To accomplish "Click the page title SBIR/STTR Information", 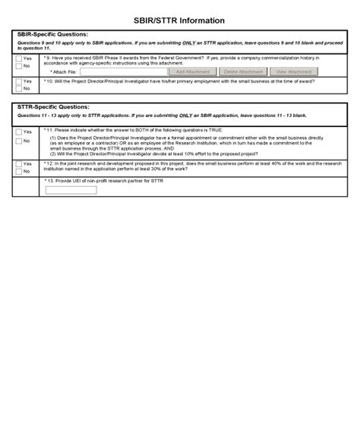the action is [180, 21].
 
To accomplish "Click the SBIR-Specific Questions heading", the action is [52, 35].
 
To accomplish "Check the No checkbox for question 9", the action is [19, 66].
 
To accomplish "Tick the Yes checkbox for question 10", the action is [19, 81].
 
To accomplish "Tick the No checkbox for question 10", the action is [19, 88].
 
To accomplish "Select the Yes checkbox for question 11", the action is [19, 132].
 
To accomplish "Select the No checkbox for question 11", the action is [19, 141].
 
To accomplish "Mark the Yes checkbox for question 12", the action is [19, 163].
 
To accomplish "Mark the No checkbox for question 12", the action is [19, 171].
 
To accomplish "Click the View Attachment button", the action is [294, 71].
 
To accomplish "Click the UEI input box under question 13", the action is [71, 190].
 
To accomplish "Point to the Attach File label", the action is [63, 71].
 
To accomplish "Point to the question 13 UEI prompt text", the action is [103, 182].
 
